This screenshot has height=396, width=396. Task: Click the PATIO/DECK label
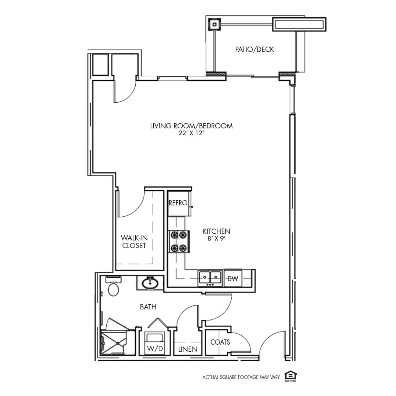(x=254, y=49)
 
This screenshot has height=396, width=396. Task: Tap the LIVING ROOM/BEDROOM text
(x=191, y=126)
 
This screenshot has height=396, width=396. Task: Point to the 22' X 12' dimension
(x=191, y=134)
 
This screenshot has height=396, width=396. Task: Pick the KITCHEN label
(x=216, y=231)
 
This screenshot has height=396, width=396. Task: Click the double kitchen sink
(x=210, y=278)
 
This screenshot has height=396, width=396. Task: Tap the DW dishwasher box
(x=233, y=279)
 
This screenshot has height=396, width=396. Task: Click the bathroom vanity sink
(x=150, y=283)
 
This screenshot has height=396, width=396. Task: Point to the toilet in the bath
(x=113, y=288)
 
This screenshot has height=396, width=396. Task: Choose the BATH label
(x=148, y=307)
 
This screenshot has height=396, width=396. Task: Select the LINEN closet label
(x=188, y=349)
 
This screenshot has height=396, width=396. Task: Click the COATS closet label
(x=220, y=342)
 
